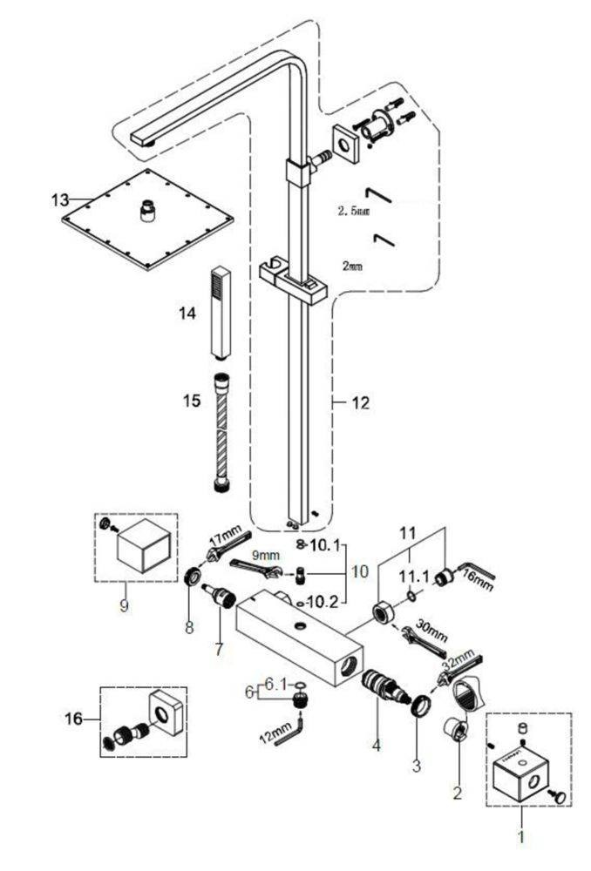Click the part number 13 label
(x=59, y=199)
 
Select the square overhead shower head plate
(x=147, y=219)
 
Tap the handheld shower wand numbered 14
(x=221, y=313)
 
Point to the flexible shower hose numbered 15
(x=221, y=432)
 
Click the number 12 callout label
(x=360, y=402)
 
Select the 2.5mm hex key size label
(x=354, y=211)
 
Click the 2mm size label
(x=352, y=266)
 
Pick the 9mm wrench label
(x=266, y=555)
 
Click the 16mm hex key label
(x=478, y=581)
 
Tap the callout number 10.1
(x=324, y=545)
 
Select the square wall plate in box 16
(x=166, y=713)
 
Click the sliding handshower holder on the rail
(x=292, y=280)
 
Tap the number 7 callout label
(x=219, y=649)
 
